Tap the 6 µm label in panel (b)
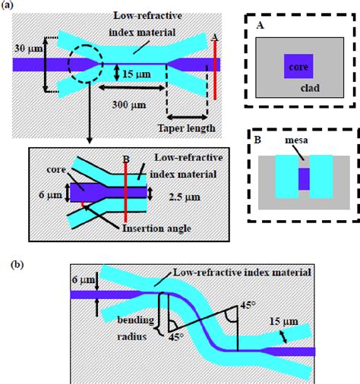click(79, 280)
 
